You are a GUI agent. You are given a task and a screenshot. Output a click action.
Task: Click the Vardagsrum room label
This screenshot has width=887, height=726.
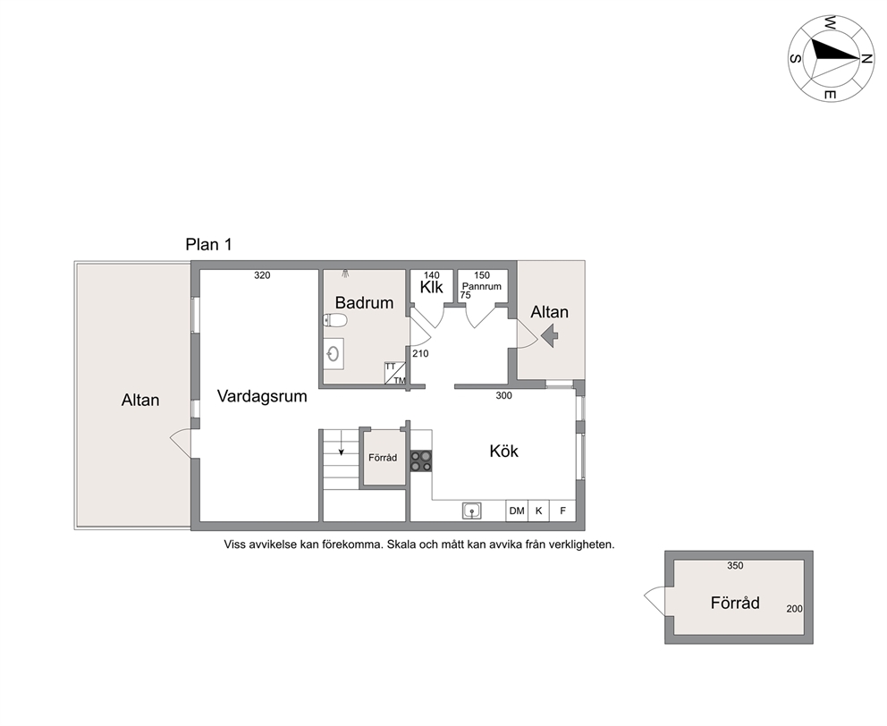(x=262, y=396)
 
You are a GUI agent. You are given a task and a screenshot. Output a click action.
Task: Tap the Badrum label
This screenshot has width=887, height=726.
(x=364, y=303)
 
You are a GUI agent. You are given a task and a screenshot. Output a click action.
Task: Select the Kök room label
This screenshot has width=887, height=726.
(x=503, y=451)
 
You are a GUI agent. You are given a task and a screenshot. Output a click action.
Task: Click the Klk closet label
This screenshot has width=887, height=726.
(x=432, y=288)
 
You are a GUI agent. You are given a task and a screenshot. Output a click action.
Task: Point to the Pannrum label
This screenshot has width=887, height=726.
(x=481, y=286)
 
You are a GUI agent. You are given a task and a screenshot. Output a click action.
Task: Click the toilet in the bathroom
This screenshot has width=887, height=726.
(x=334, y=321)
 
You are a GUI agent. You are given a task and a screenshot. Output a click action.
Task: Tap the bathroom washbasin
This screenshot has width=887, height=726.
(x=334, y=354)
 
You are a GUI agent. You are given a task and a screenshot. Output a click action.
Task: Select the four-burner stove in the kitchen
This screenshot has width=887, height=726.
(x=421, y=461)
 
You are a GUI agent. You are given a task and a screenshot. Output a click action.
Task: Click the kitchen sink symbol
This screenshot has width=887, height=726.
(x=472, y=511)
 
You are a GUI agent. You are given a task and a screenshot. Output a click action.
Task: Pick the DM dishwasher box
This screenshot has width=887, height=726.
(x=517, y=511)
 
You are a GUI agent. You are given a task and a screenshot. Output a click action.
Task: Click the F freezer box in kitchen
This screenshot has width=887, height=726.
(x=562, y=511)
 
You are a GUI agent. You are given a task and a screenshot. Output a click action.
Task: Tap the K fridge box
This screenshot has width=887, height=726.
(x=538, y=511)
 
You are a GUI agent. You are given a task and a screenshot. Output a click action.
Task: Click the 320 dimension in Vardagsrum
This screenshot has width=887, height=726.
(x=262, y=275)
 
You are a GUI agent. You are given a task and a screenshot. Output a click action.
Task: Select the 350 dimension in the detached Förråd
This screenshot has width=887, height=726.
(x=735, y=565)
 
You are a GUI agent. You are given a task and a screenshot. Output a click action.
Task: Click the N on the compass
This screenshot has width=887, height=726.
(x=866, y=59)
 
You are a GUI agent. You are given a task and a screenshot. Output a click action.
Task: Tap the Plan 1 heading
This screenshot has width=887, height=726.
(x=208, y=244)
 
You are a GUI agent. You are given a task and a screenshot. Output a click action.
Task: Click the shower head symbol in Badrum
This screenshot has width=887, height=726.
(x=345, y=274)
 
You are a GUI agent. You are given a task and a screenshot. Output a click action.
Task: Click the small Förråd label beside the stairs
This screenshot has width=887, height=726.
(x=383, y=457)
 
